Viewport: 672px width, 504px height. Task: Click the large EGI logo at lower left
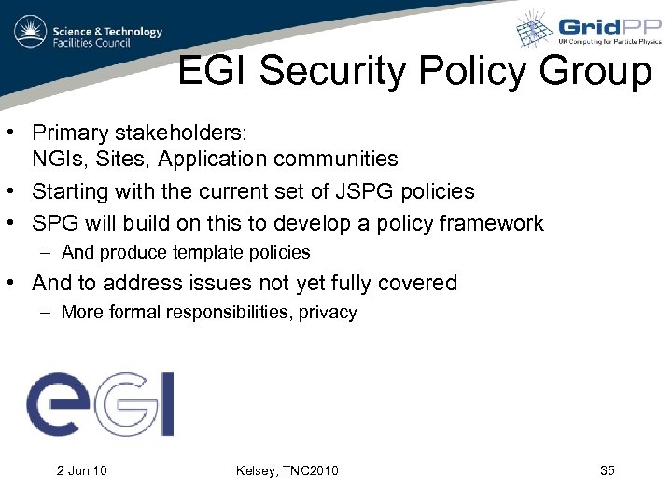click(x=100, y=404)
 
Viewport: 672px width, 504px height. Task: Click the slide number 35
click(x=607, y=470)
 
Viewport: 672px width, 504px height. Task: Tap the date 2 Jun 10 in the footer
click(x=81, y=470)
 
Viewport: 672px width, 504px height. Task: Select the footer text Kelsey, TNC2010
click(x=287, y=470)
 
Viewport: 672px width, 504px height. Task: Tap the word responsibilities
click(x=230, y=313)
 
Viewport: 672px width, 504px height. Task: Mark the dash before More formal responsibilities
click(x=46, y=313)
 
